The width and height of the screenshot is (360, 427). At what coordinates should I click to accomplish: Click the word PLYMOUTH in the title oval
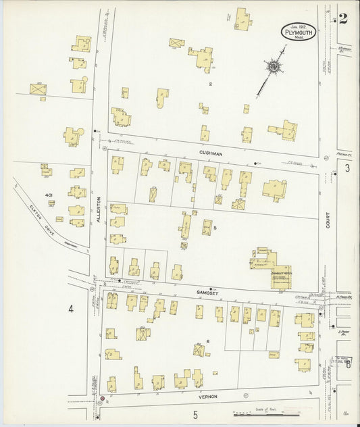pos(298,32)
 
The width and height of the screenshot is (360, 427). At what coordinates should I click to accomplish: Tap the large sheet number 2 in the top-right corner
pos(343,18)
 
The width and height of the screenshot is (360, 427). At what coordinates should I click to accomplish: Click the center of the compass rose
pos(274,66)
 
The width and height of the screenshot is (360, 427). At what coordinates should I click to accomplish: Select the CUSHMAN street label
pos(211,153)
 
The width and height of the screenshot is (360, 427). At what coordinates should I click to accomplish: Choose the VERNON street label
pos(207,396)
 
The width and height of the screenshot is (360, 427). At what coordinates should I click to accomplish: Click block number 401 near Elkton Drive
pos(49,195)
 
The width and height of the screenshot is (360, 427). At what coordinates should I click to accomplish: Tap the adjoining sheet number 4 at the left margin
pos(70,309)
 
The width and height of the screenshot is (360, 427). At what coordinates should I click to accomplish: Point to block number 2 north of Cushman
pos(211,84)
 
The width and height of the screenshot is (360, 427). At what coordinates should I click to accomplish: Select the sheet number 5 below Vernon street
pos(195,414)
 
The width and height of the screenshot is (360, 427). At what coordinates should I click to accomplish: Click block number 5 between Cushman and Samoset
pos(215,228)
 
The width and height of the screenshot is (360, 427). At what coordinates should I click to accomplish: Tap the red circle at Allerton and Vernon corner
pos(102,399)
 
